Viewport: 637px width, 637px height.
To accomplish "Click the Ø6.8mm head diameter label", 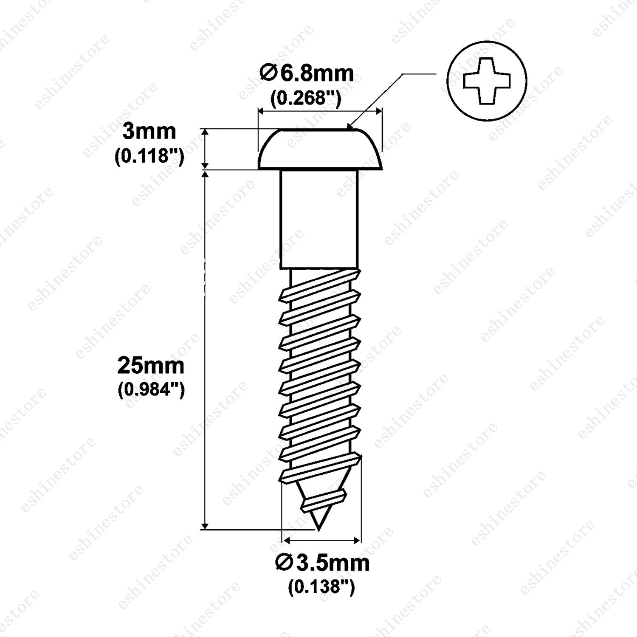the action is (307, 74).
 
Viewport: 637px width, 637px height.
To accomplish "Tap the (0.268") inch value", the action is (306, 99).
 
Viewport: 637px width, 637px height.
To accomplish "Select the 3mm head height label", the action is (149, 132).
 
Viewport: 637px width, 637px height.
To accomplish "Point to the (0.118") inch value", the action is (149, 157).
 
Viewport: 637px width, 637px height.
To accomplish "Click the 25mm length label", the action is (151, 366).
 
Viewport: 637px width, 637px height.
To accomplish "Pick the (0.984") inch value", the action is (151, 390).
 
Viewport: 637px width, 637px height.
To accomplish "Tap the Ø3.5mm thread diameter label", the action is (322, 563).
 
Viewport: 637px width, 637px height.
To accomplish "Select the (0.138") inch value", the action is (321, 587).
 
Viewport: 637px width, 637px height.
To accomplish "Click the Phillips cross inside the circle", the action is (487, 81).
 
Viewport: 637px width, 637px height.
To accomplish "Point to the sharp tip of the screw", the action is (317, 530).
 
